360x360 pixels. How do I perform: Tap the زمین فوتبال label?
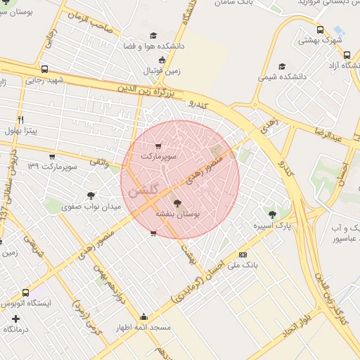coord(162,71)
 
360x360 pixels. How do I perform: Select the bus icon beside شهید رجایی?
coord(45,70)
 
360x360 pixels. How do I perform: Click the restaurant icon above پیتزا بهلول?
coord(20,120)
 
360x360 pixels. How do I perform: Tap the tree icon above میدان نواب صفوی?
coord(91,195)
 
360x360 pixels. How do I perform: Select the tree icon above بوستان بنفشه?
coord(176,201)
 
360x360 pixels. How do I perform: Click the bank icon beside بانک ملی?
coord(243,255)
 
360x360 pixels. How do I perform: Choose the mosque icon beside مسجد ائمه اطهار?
coord(144,316)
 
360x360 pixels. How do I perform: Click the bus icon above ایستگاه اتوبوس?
coord(26,292)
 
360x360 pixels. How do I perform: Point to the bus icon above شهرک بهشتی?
coord(320,30)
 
